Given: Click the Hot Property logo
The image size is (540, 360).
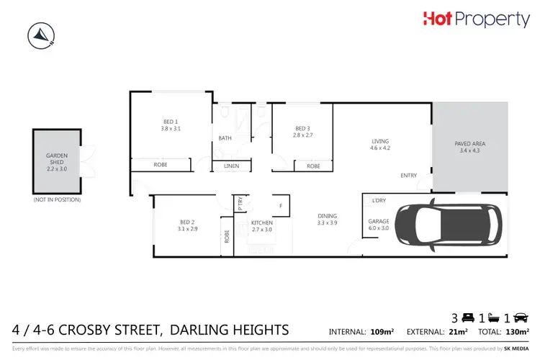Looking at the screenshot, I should (x=476, y=20).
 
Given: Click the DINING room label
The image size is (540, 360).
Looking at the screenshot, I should (x=328, y=219).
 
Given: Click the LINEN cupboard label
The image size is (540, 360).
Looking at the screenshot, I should (x=231, y=166).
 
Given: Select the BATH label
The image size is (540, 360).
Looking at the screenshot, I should (x=225, y=138).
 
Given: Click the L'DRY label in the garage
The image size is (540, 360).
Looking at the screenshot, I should (x=378, y=200).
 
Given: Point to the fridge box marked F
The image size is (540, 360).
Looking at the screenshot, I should (x=280, y=204).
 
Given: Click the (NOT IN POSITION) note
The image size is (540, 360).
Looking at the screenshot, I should (x=57, y=199).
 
